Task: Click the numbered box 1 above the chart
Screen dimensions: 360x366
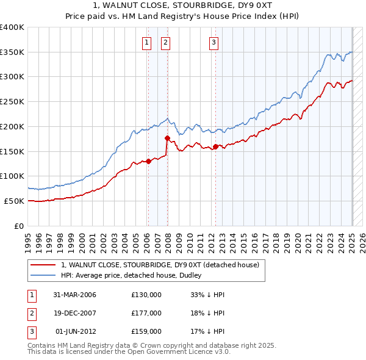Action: point(148,43)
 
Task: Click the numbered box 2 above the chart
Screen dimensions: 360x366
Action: point(166,43)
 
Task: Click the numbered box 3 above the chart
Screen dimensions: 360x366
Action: point(214,43)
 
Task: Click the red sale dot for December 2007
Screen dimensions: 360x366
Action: point(167,139)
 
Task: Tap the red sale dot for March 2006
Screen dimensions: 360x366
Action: point(148,161)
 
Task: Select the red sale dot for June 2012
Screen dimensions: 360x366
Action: point(215,146)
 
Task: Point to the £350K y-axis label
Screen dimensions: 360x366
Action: point(12,52)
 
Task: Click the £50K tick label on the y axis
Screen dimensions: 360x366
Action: point(13,201)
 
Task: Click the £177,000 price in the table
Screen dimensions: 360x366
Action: point(146,313)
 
